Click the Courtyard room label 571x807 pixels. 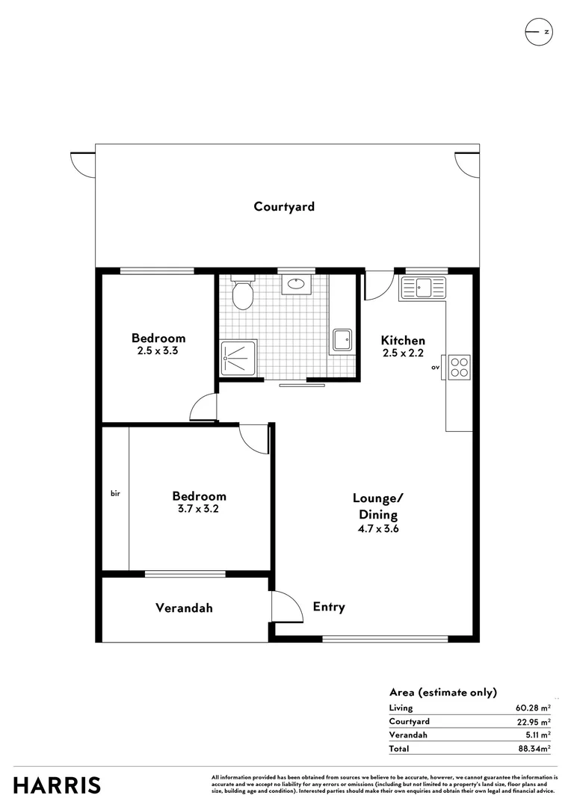point(284,207)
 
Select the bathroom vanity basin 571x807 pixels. point(296,284)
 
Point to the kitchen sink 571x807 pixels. point(423,286)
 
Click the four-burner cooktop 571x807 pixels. point(459,367)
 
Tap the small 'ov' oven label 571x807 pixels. point(435,368)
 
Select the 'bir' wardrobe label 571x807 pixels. point(115,493)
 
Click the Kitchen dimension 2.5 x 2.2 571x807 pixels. point(403,353)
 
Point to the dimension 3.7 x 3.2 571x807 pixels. point(199,509)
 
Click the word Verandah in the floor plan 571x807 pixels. point(184,608)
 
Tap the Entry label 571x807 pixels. point(329,607)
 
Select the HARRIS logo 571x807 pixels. point(57,785)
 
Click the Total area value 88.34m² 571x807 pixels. point(533,747)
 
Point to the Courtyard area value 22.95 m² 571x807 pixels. point(533,721)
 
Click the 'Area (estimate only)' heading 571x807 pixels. point(443,692)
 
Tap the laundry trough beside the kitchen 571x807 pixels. point(343,340)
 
